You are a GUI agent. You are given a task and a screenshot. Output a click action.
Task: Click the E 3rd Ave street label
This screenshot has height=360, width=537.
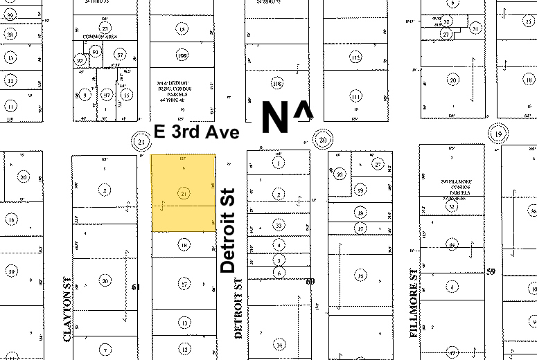pos(196,132)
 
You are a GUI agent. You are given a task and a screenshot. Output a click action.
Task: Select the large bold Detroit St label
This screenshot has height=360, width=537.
pos(229,230)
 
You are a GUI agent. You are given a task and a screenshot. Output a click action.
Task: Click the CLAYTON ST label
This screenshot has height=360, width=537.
pos(68,316)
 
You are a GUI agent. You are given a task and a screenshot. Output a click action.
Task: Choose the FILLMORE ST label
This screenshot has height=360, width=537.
pos(414,312)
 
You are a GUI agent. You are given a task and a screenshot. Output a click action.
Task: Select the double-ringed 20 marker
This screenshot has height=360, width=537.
pos(322,139)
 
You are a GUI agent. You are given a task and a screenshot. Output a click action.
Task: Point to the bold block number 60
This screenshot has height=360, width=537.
pos(310,281)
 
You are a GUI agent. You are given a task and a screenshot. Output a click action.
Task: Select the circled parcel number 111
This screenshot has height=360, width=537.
pos(355,96)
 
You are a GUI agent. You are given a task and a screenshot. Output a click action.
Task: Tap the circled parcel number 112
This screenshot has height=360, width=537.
pos(355,57)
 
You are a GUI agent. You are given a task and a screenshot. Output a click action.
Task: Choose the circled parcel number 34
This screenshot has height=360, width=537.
pos(279,344)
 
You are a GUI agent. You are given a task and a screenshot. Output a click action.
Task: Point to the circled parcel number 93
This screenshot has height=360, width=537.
pos(95,53)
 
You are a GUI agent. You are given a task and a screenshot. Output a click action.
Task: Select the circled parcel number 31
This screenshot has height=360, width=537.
pos(475,28)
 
